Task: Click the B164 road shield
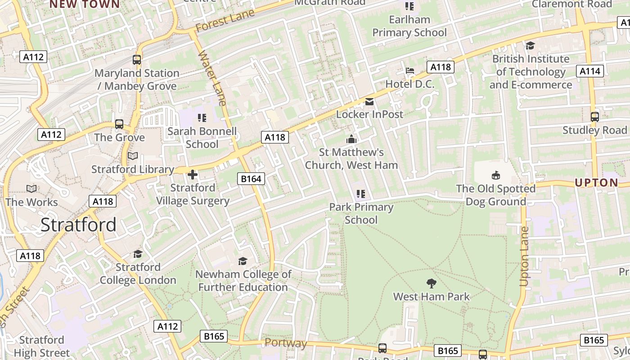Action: (x=251, y=179)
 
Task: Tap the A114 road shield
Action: (x=589, y=71)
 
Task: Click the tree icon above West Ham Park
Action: (x=431, y=283)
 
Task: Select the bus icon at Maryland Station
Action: (x=137, y=59)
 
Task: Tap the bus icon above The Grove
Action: (x=119, y=124)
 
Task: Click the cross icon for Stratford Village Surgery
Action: (x=193, y=175)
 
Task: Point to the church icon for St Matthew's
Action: (x=351, y=139)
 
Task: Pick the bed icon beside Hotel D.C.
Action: (x=410, y=71)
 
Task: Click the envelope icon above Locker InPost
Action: (x=369, y=101)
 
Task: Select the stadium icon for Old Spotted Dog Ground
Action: (x=495, y=175)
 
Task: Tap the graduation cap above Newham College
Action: (x=243, y=261)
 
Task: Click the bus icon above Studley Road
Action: (x=594, y=117)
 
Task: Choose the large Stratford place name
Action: (x=78, y=225)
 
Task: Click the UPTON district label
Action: (x=596, y=183)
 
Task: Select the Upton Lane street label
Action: (x=524, y=256)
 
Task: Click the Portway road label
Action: (x=286, y=343)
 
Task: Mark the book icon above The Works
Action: (x=31, y=189)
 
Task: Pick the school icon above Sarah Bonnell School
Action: (x=202, y=118)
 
